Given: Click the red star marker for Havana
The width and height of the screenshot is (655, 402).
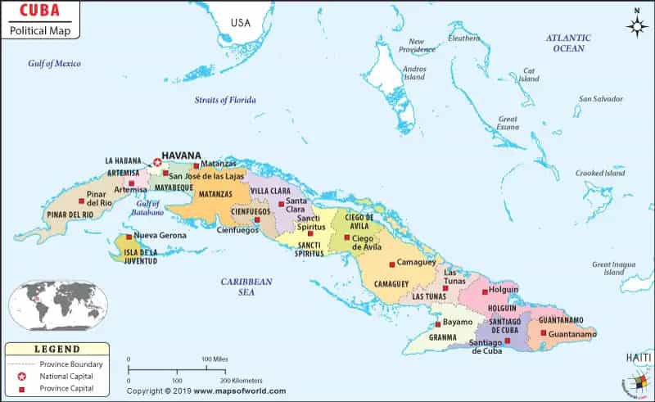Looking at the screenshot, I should tap(157, 162).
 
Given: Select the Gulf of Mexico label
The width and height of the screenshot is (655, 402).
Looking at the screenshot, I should tap(54, 63).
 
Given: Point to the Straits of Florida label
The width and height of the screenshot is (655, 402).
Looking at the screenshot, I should tap(225, 100).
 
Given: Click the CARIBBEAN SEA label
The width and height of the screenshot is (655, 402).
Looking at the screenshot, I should tap(246, 286).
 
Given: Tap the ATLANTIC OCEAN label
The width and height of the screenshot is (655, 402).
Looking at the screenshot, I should tap(568, 43).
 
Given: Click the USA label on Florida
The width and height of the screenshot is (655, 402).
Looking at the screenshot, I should tap(241, 22).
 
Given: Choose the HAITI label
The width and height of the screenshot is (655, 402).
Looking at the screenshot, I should tap(639, 358).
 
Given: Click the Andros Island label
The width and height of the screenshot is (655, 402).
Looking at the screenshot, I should tap(414, 74).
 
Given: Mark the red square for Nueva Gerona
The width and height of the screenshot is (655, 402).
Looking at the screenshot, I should tap(129, 236).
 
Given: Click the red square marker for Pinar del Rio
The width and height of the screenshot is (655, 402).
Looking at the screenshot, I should tap(81, 201).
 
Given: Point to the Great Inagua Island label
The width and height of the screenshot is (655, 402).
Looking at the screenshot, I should tap(614, 268).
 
